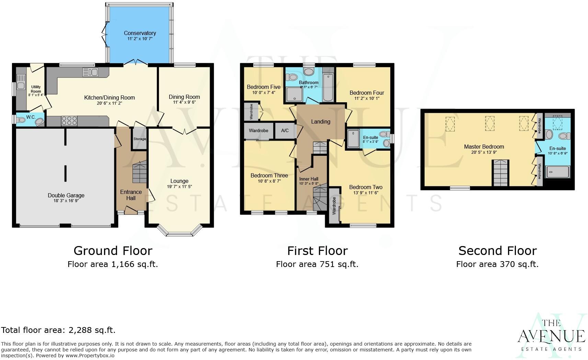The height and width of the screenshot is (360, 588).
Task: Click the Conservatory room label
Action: (x=140, y=33)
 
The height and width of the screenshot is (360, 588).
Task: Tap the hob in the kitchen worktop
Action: (x=69, y=121)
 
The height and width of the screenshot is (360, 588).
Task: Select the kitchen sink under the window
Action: (x=90, y=72)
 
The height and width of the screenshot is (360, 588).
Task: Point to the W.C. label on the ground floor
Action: (x=31, y=117)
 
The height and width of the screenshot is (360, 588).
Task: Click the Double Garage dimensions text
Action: (x=66, y=201)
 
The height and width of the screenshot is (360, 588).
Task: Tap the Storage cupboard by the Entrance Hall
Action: (x=139, y=139)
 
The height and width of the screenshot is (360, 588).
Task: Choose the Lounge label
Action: (x=179, y=181)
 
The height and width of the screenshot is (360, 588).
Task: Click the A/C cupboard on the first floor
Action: (x=285, y=130)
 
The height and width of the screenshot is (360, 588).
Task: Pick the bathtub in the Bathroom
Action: (x=328, y=88)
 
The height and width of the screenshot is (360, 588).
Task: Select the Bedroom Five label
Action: (x=264, y=87)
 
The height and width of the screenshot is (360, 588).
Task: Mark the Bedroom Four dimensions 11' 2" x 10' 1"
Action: (x=367, y=98)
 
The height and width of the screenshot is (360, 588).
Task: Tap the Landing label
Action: (x=321, y=121)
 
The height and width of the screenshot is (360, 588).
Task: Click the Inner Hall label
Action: (x=309, y=179)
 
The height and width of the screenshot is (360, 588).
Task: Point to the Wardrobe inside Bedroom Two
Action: (x=334, y=206)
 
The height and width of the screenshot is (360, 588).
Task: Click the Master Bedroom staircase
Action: (x=500, y=173)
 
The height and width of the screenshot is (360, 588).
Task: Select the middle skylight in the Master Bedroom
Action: (x=489, y=123)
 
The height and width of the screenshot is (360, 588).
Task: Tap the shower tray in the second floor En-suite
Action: (x=557, y=172)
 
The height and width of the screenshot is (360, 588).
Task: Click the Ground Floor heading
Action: (x=113, y=251)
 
